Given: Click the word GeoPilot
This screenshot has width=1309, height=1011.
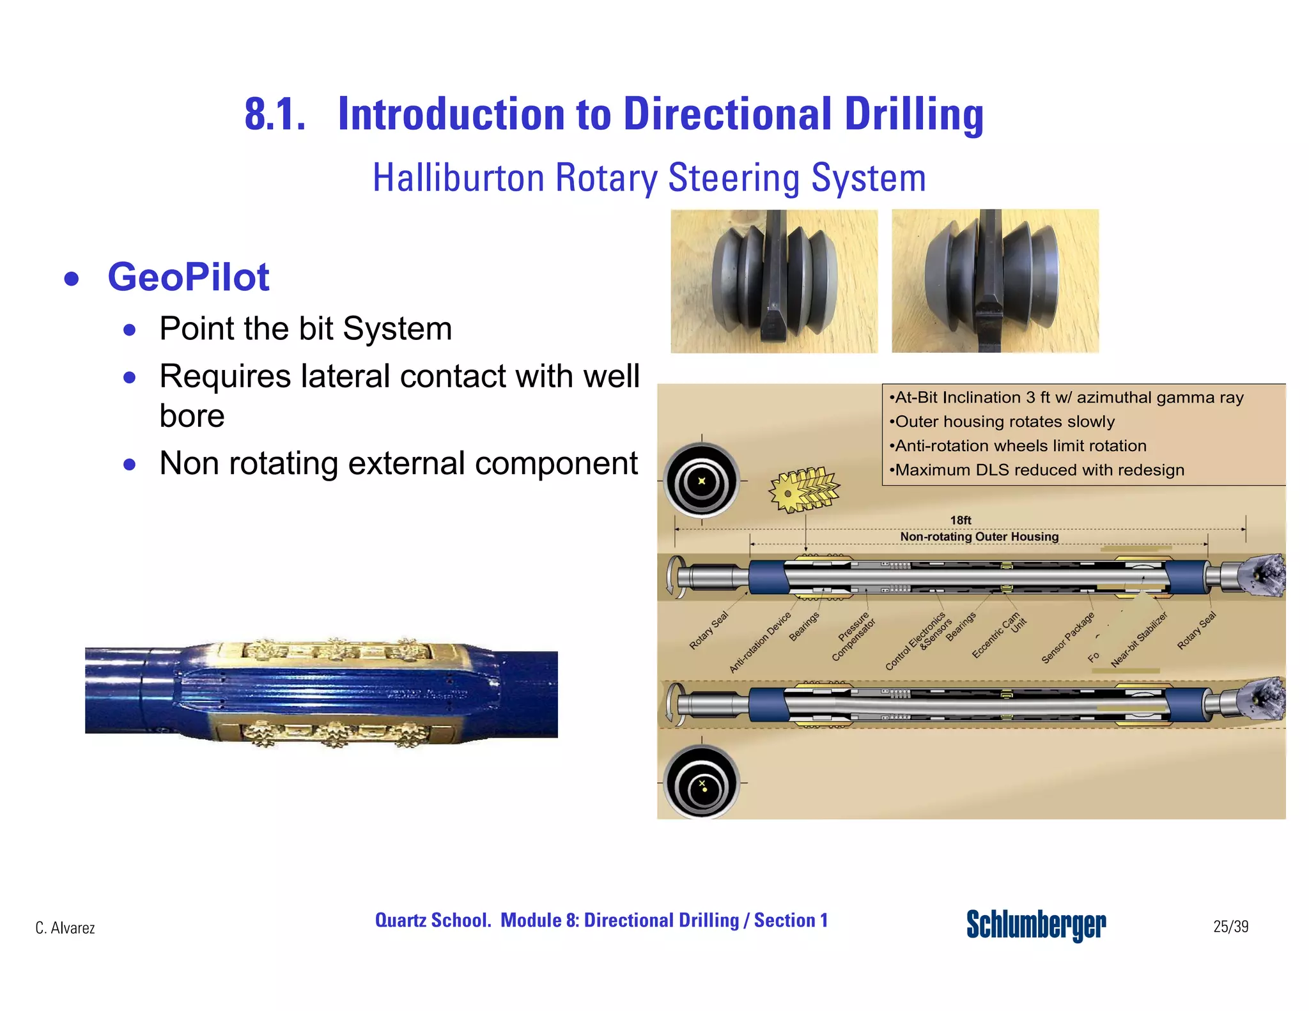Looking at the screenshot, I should (x=188, y=277).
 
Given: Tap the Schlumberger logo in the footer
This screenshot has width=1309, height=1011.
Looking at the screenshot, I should (x=1035, y=925).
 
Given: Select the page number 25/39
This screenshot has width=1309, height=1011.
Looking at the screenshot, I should (x=1230, y=927).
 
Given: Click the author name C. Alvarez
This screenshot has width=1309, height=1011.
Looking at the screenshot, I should (x=65, y=928).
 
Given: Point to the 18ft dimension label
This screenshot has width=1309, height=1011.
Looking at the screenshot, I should (x=960, y=520).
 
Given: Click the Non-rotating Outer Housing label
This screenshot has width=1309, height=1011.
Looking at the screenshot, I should (x=979, y=537).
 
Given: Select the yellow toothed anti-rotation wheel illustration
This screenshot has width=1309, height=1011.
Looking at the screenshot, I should (x=803, y=490).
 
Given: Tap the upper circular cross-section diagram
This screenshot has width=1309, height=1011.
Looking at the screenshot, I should (x=702, y=481).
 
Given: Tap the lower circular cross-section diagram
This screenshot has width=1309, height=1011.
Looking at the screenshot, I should (x=702, y=783).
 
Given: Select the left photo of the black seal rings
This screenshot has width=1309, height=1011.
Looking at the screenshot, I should (x=774, y=281).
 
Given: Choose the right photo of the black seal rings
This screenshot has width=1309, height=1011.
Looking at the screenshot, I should (x=995, y=281).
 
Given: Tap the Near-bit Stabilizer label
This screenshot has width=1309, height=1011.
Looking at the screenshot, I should (x=1139, y=639).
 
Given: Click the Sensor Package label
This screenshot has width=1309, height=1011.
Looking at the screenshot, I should (x=1067, y=638).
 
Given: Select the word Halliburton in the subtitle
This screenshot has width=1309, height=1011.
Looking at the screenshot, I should (x=458, y=178).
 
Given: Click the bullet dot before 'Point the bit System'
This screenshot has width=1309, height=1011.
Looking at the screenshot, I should (x=130, y=330).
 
